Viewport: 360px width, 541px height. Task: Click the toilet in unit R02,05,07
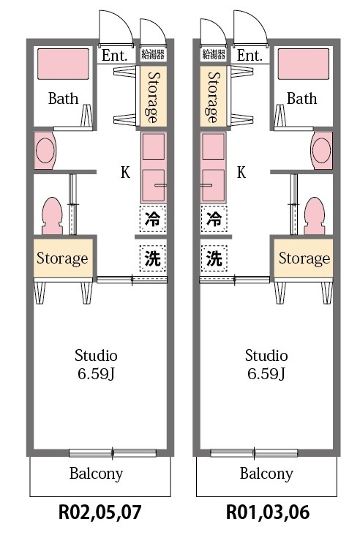coord(52,216)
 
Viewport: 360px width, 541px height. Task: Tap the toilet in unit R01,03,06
coord(315,216)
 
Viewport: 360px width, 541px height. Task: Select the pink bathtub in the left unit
coord(63,64)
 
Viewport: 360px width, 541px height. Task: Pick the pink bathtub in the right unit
coord(304,64)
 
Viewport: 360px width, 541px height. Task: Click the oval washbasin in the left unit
coord(45,150)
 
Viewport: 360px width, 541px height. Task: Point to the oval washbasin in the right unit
coord(321,150)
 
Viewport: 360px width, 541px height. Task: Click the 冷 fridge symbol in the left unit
coord(153,218)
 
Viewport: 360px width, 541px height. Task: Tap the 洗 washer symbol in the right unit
coord(214,258)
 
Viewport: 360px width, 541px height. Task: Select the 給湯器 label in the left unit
coord(153,54)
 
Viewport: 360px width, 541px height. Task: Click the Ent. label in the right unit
coord(250,55)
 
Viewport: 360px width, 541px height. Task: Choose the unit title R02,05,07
coord(100,512)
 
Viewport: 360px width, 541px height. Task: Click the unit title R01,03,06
coord(268,512)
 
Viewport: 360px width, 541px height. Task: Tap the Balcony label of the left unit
coord(96,474)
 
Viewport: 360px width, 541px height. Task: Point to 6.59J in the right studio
coord(266,373)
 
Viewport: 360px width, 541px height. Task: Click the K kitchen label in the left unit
coord(125,172)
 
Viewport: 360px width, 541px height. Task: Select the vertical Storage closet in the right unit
coord(214,97)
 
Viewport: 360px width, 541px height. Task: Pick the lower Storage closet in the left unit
coord(63,258)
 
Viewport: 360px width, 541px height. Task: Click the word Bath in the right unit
coord(301,99)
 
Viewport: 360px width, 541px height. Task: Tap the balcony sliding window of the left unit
coord(113,453)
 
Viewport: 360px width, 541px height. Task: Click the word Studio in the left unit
coord(96,356)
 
